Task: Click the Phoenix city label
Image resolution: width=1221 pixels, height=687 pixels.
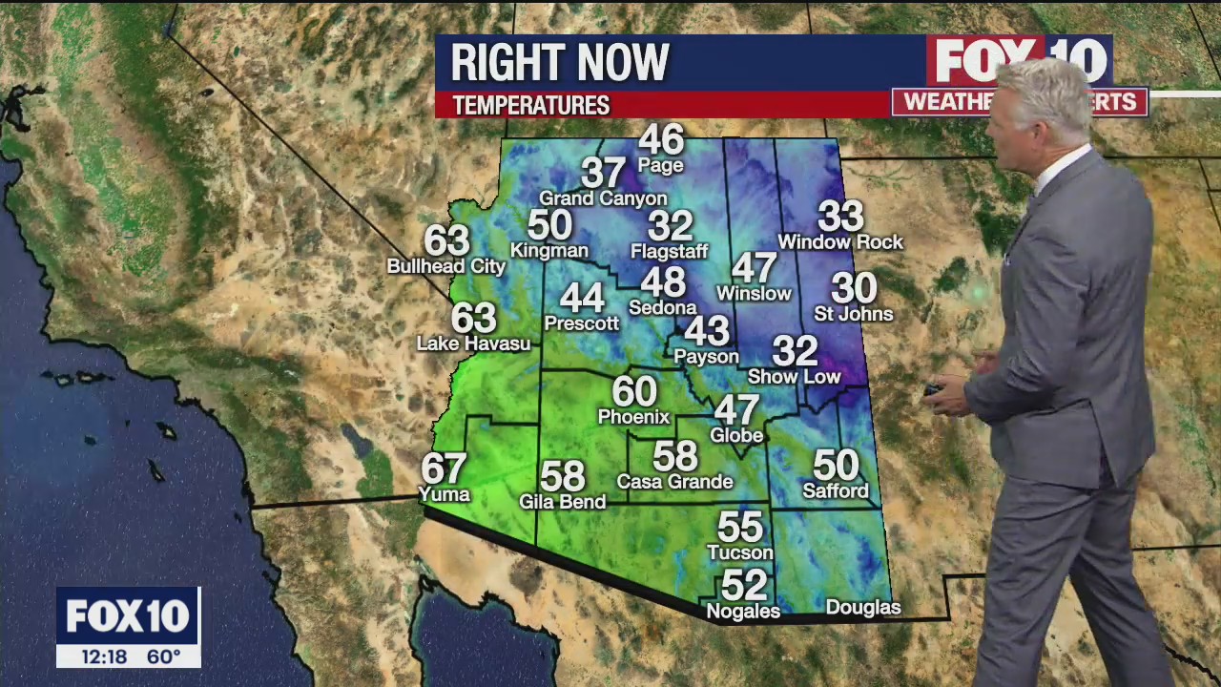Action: [x=633, y=417]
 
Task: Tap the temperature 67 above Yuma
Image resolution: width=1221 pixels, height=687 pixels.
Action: [x=444, y=468]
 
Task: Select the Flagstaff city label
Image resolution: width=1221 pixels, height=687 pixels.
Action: [x=669, y=252]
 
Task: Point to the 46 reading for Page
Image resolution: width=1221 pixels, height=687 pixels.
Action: [x=661, y=139]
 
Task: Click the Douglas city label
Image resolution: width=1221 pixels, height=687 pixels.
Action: [x=862, y=608]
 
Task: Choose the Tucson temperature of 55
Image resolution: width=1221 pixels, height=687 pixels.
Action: [x=740, y=527]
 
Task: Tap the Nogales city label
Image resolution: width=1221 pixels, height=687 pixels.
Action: [x=742, y=612]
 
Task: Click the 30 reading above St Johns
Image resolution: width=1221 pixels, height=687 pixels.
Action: [x=854, y=288]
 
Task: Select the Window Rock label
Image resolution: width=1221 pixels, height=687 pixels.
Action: [x=839, y=242]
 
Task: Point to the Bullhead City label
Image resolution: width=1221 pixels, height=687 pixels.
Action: [x=445, y=266]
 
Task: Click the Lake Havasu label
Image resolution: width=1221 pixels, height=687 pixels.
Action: [x=473, y=343]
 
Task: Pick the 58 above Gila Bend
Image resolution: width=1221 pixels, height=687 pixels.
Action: [x=562, y=475]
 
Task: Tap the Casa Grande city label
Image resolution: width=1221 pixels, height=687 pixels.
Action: [x=674, y=482]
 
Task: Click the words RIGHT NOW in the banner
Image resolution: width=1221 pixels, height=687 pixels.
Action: [x=560, y=63]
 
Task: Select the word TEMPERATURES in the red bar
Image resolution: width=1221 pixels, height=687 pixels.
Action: [x=530, y=106]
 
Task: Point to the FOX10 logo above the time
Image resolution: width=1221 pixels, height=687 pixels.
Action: [x=128, y=616]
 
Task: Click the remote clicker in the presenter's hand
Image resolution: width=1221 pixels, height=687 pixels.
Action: [x=933, y=389]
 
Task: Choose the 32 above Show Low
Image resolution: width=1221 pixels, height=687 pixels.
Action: [x=795, y=351]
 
